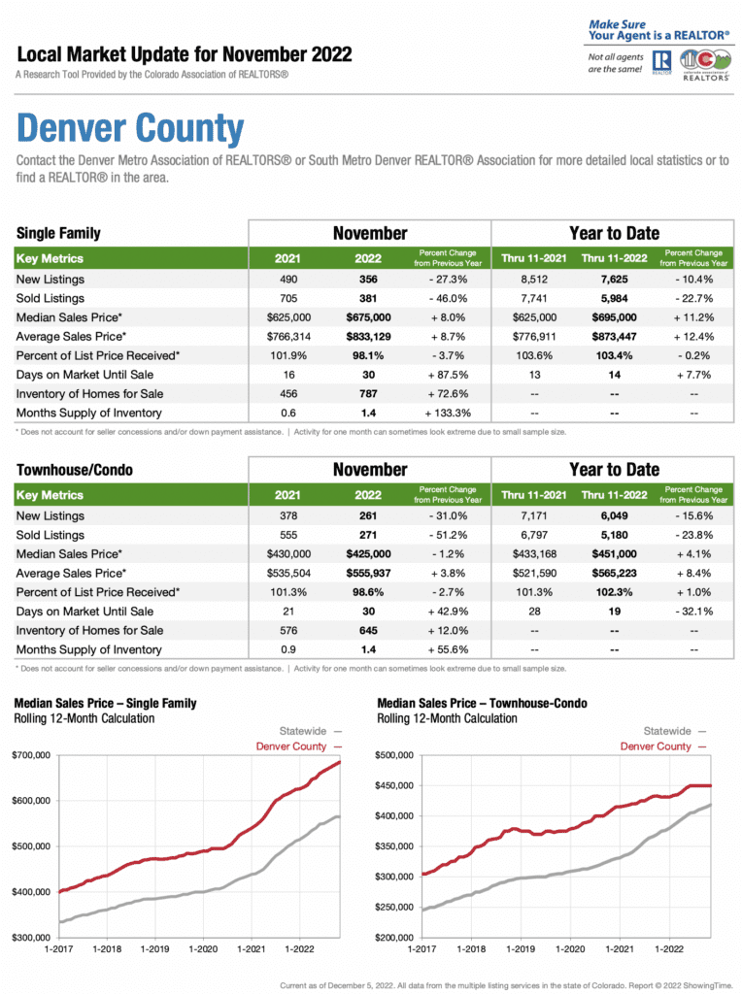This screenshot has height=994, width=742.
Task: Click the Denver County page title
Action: click(130, 129)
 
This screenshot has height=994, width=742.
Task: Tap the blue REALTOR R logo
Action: click(661, 61)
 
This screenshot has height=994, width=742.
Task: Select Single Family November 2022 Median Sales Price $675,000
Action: click(368, 317)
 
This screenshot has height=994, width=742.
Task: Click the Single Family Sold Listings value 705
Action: click(288, 299)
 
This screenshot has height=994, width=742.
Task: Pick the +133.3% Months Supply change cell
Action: click(448, 414)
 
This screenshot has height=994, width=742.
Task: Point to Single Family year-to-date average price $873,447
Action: click(614, 337)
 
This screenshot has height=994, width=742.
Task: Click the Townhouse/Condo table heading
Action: click(75, 470)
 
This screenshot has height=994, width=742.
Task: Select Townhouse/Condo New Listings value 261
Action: click(368, 516)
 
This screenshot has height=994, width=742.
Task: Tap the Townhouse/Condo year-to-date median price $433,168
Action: click(534, 554)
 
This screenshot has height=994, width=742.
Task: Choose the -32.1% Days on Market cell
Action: click(693, 612)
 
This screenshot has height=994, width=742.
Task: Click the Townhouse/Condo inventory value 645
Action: click(368, 631)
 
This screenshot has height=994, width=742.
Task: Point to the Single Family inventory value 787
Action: click(368, 394)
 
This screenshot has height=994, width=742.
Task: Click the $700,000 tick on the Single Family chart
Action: click(31, 755)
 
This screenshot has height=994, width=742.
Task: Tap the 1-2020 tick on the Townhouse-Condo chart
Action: click(570, 949)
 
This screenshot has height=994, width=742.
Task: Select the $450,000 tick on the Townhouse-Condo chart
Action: click(394, 785)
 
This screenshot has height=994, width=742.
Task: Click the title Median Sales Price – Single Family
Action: click(105, 703)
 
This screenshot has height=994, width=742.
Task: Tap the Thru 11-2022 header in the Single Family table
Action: click(614, 258)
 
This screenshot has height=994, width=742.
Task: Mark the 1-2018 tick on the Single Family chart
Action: click(107, 949)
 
